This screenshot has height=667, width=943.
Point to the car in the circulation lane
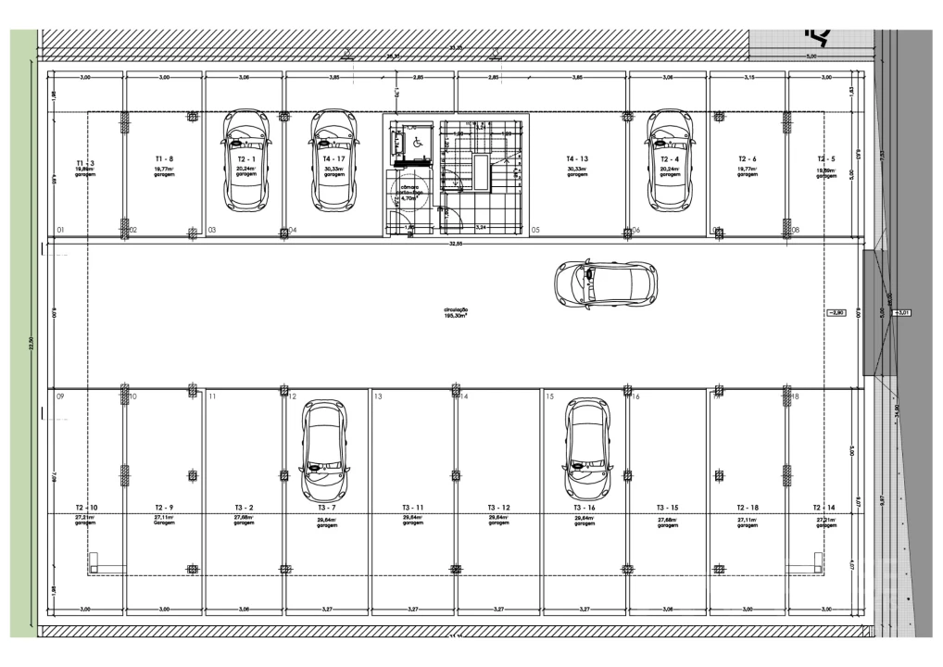click(606, 283)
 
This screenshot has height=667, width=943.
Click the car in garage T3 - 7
click(323, 449)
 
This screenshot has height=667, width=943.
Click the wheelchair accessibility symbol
click(418, 142)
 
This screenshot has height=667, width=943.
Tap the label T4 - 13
click(577, 159)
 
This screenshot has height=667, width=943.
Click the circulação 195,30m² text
click(455, 312)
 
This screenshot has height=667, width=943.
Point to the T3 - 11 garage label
click(413, 508)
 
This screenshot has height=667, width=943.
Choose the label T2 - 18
click(748, 508)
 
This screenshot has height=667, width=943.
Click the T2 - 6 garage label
click(748, 159)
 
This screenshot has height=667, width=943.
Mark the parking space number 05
click(535, 230)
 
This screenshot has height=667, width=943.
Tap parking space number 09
click(60, 396)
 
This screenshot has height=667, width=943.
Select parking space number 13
click(378, 396)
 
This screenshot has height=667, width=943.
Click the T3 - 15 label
click(668, 508)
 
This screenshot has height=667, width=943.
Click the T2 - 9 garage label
click(164, 508)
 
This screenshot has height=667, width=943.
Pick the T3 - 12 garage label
click(498, 508)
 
